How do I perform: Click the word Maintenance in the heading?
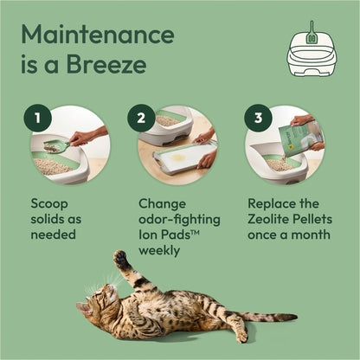click(x=97, y=35)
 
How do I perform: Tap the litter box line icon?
click(x=312, y=53)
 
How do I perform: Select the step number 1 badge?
click(x=36, y=119)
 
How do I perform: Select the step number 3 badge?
click(x=256, y=119)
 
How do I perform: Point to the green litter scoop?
click(x=54, y=147)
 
